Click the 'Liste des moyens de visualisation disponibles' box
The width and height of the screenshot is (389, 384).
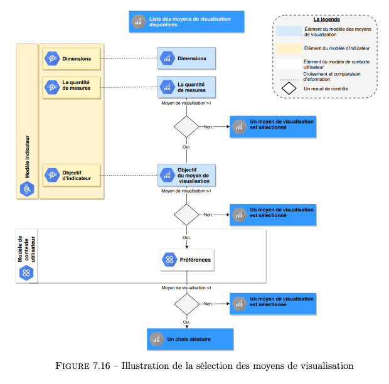186,21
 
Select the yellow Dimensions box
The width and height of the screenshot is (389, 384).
72,59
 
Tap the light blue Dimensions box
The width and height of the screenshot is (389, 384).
186,58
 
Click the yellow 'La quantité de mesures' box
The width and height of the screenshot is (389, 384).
72,87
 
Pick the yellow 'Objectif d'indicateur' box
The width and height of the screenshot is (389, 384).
72,175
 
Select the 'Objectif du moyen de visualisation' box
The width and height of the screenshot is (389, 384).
186,175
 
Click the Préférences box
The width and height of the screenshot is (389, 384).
187,260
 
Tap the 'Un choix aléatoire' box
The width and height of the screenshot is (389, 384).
190,339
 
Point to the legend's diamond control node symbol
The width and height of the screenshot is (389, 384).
289,88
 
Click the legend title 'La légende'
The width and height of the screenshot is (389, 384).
326,19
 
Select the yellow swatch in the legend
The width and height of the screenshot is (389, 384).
289,49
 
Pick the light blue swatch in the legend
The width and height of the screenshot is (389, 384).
289,31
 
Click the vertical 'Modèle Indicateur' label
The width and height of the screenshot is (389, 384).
27,157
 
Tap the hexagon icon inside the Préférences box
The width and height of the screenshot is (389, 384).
169,260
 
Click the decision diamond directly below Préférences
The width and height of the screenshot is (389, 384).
186,304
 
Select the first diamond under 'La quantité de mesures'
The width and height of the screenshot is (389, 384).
186,127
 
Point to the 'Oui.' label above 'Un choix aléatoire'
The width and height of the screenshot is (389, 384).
186,322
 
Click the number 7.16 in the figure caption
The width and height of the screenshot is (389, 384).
101,366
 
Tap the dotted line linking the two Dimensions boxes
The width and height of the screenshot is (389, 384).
129,58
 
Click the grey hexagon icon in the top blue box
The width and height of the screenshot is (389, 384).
139,21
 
